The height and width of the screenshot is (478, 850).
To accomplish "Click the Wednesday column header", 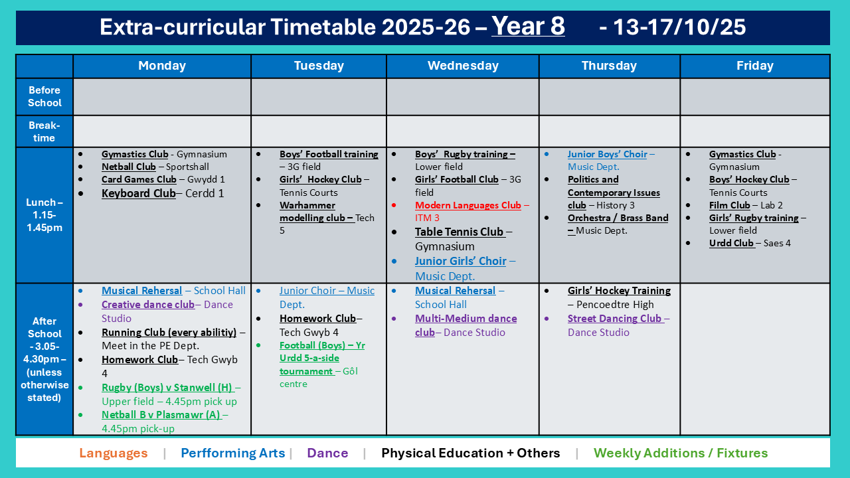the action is click(463, 66).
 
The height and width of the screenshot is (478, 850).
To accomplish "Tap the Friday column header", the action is click(755, 66).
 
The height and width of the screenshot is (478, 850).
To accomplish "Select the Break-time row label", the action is click(44, 131).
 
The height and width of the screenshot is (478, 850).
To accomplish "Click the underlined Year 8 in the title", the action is click(528, 26).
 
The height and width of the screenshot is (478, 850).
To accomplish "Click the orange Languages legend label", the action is click(113, 453).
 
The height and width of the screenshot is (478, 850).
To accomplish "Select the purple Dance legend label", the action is click(327, 453).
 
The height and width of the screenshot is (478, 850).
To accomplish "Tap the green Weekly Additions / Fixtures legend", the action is click(681, 453).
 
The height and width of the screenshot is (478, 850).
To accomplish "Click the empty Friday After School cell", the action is click(755, 359).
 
